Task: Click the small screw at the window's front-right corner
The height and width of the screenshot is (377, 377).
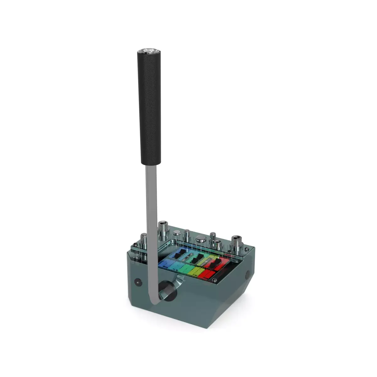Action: [x=214, y=280]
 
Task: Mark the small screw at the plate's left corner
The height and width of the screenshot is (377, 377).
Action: [x=135, y=244]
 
